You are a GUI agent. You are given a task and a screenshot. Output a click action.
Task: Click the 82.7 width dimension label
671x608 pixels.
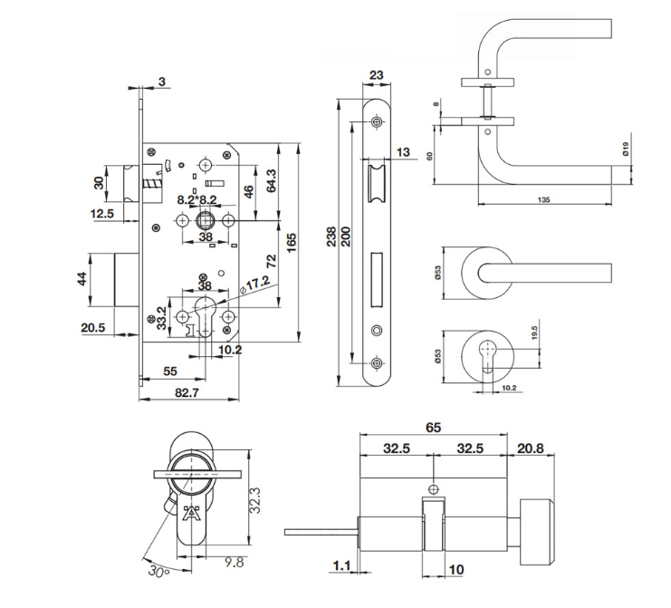187,392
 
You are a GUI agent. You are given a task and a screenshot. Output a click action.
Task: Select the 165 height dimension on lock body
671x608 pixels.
292,243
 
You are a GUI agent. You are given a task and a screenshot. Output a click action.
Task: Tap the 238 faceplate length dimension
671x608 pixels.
331,236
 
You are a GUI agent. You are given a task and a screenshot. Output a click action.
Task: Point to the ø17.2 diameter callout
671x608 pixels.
255,285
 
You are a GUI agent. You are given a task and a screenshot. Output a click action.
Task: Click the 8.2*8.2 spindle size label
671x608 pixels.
197,200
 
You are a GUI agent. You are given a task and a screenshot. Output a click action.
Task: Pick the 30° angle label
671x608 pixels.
158,571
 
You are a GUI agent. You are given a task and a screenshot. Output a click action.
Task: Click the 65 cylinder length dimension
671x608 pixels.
433,428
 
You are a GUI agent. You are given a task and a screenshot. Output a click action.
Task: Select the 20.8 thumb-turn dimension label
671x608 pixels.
531,449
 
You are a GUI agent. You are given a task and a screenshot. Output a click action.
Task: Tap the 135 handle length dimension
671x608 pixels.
543,199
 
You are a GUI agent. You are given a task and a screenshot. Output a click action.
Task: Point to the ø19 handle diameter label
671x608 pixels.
626,149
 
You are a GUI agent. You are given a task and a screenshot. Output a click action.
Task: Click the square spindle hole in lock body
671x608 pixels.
206,220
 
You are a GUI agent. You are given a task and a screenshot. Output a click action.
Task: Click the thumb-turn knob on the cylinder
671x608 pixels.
537,531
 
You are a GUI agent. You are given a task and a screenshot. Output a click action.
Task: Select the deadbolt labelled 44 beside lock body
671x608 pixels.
127,280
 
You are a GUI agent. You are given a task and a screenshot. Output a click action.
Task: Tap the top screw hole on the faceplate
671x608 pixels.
377,122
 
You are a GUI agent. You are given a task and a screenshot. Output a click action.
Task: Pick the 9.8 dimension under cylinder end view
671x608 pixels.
234,562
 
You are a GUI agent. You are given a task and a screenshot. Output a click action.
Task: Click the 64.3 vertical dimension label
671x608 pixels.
272,180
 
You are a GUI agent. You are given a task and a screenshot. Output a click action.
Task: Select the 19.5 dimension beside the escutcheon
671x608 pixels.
534,333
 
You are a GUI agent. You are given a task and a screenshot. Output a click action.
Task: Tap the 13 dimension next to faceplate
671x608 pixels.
403,152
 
